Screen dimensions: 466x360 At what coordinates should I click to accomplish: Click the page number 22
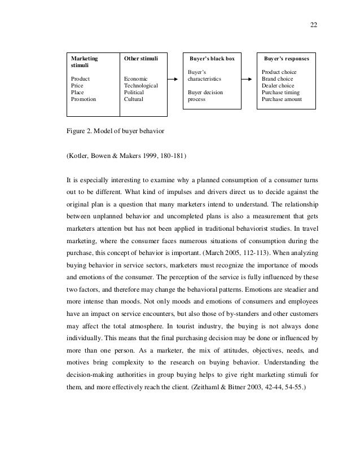coord(314,24)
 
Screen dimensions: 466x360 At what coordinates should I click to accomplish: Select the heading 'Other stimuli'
coord(141,58)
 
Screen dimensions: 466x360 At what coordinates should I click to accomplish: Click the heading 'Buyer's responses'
coord(287,58)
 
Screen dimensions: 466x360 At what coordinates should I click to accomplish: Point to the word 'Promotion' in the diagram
coord(84,99)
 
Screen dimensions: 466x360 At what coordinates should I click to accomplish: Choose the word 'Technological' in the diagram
coord(141,85)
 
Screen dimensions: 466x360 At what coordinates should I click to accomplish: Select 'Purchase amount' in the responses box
coord(282,99)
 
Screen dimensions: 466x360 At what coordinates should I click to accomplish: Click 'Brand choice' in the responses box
coord(277,78)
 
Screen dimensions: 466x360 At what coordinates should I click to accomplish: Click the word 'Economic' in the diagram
coord(136,78)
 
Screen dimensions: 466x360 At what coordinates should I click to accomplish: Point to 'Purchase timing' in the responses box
coord(281,92)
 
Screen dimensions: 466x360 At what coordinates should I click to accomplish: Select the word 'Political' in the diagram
coord(134,92)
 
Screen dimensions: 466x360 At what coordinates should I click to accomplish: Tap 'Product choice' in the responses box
coord(279,72)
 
